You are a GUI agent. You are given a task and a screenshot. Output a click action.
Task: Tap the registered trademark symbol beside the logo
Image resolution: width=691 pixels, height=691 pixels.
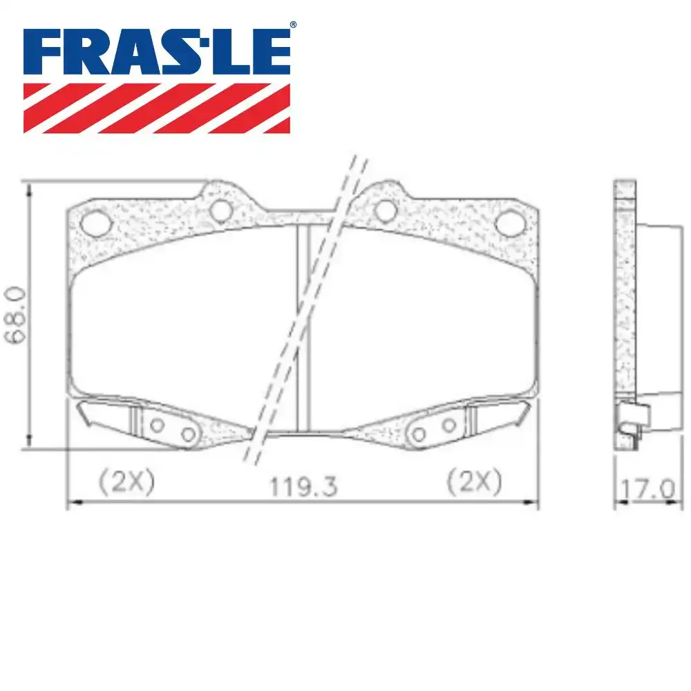click(x=293, y=25)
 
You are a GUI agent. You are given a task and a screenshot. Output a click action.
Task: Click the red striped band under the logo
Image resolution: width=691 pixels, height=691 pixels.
click(x=157, y=108)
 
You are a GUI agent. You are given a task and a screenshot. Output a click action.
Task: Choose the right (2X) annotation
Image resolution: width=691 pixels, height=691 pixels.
click(x=473, y=482)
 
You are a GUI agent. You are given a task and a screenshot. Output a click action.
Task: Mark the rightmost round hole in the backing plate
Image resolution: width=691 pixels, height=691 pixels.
click(x=511, y=222)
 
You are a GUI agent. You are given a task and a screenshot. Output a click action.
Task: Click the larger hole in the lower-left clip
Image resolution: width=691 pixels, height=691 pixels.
click(x=189, y=434)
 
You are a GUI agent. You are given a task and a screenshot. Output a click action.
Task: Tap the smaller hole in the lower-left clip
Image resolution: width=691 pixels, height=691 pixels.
click(x=158, y=425)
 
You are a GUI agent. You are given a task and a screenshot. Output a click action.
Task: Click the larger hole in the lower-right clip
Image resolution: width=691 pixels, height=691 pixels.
click(x=418, y=434)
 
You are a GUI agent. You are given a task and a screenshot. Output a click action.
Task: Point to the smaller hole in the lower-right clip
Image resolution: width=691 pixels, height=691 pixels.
click(x=449, y=425)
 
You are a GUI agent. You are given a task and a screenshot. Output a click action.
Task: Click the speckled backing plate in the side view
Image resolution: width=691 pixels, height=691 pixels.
click(x=625, y=290)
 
